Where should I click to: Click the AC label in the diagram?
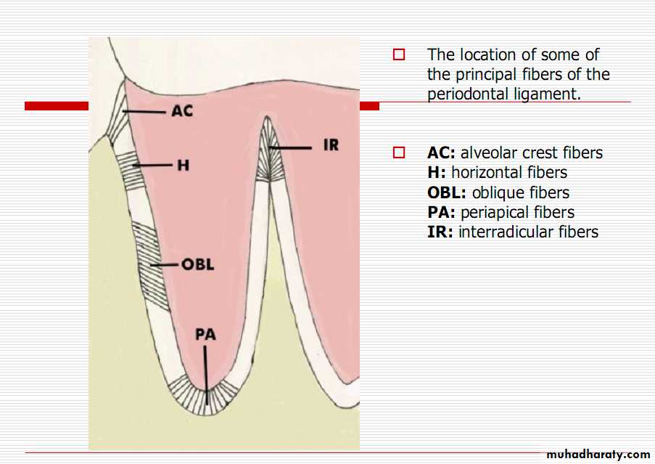(182, 112)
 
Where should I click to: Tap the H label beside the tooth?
(183, 166)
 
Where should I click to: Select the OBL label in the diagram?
(197, 264)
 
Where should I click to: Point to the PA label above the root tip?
(205, 335)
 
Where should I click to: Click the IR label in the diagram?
(331, 145)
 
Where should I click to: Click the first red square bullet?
(398, 54)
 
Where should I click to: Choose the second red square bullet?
(398, 153)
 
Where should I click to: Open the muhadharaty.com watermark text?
(598, 455)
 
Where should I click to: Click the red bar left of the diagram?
(57, 106)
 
